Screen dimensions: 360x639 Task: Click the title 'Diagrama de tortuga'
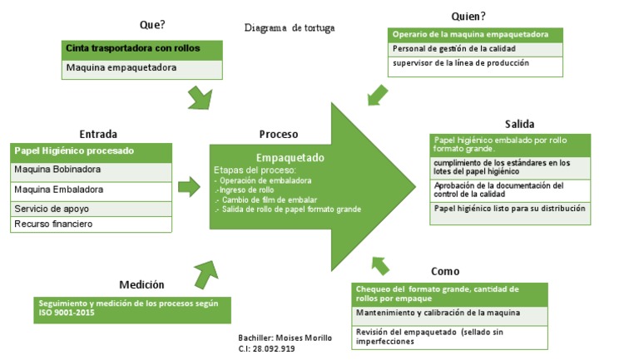point(290,28)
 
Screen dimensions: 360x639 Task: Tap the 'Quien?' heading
point(468,16)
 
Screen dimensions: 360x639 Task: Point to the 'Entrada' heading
point(98,134)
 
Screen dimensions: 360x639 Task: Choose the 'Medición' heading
point(141,284)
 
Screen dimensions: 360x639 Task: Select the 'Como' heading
point(445,271)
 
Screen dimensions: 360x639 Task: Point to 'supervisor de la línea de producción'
point(460,63)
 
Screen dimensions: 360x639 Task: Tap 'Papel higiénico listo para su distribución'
point(510,209)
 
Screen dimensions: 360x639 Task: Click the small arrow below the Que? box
point(200,99)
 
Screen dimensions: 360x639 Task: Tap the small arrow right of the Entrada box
point(190,187)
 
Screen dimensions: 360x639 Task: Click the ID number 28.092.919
point(274,349)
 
